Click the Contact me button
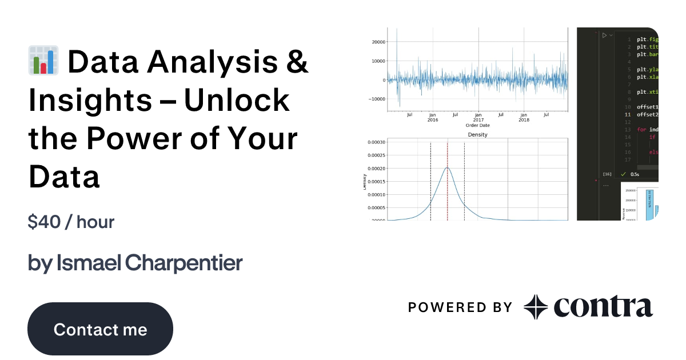(x=100, y=329)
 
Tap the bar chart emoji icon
(x=43, y=62)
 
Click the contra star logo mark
(x=536, y=307)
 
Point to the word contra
(x=603, y=307)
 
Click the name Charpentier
(x=184, y=263)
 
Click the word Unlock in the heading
(x=237, y=100)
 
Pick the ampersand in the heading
(x=296, y=62)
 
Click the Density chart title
(x=477, y=134)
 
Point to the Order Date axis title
(x=477, y=125)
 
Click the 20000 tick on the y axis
(x=377, y=42)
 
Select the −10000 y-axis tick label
(x=376, y=99)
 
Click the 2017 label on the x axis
(x=478, y=120)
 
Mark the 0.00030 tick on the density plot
(x=375, y=142)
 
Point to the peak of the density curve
(x=447, y=167)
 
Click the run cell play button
(x=604, y=35)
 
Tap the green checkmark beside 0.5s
(x=624, y=174)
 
